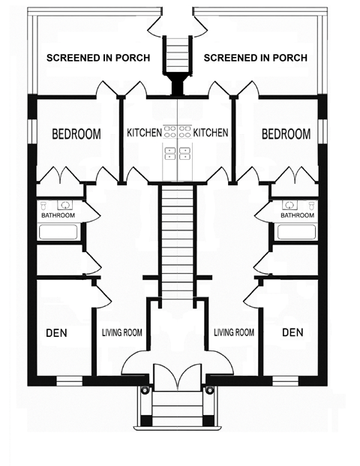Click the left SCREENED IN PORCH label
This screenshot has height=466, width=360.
pyautogui.click(x=98, y=58)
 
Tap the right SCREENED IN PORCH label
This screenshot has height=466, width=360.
pyautogui.click(x=256, y=58)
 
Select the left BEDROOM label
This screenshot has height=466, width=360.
pyautogui.click(x=76, y=134)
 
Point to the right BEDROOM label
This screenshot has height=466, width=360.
pyautogui.click(x=286, y=134)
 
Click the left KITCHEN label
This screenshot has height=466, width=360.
pyautogui.click(x=144, y=133)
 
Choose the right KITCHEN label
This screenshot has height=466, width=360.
pyautogui.click(x=211, y=133)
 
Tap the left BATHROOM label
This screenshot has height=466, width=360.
pyautogui.click(x=58, y=215)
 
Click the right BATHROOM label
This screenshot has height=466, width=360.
pyautogui.click(x=297, y=215)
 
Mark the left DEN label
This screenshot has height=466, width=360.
pyautogui.click(x=56, y=333)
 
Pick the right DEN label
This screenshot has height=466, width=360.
pyautogui.click(x=292, y=332)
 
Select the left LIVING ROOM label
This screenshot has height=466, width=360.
pyautogui.click(x=122, y=332)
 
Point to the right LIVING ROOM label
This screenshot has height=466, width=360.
pyautogui.click(x=234, y=332)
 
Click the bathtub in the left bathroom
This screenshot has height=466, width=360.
pyautogui.click(x=58, y=232)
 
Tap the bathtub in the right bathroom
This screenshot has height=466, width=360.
pyautogui.click(x=297, y=232)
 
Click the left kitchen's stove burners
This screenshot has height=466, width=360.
pyautogui.click(x=169, y=131)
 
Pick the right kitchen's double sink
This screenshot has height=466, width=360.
pyautogui.click(x=184, y=153)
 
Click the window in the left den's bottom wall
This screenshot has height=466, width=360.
pyautogui.click(x=70, y=381)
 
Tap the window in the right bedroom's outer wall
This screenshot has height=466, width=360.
pyautogui.click(x=322, y=131)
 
